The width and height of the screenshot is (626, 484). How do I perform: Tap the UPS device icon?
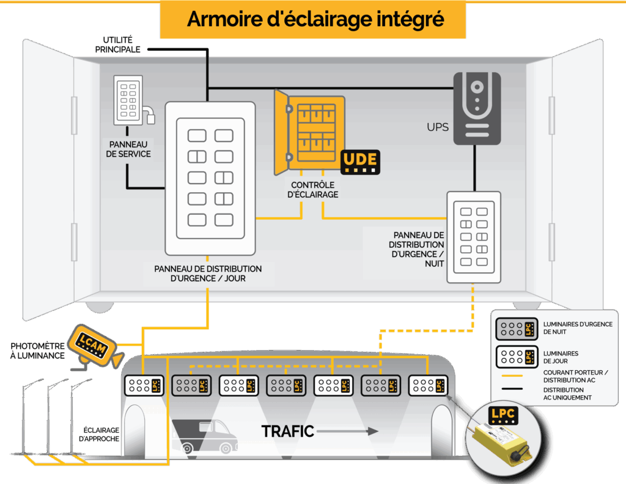pos(477,108)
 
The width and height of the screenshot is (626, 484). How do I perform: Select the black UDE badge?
pos(360,162)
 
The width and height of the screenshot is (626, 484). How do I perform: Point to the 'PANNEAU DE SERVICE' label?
pos(128,149)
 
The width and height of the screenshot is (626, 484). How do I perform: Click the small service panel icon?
pos(129,100)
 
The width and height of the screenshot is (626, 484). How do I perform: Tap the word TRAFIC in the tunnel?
pos(287,431)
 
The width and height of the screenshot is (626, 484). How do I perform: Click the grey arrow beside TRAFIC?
pos(348,431)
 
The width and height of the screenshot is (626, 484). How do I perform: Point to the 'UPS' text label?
pos(438,128)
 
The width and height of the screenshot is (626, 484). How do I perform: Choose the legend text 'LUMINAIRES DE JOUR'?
pos(561,357)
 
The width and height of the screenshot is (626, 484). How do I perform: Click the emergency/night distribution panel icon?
pos(474,237)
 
